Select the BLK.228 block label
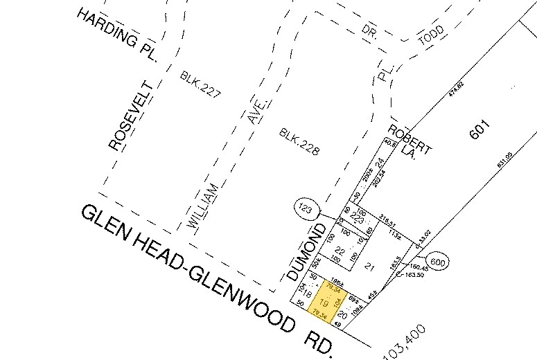(300, 141)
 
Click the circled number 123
(303, 208)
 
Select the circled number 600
(437, 262)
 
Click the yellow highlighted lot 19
(324, 303)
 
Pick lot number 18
(302, 293)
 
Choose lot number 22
(340, 250)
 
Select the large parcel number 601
(479, 131)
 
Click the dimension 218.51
(387, 224)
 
